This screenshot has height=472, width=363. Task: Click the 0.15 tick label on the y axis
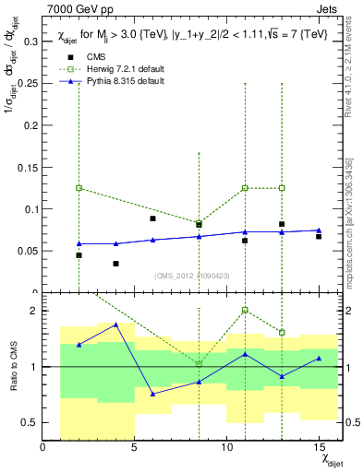[x=28, y=167]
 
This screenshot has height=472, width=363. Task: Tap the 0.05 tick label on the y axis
[x=28, y=251]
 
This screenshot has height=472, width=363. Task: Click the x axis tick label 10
[x=226, y=449]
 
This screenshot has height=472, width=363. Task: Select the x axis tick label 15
[x=319, y=449]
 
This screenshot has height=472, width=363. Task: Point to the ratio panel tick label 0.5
[x=29, y=422]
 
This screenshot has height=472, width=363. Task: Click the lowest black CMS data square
[x=115, y=264]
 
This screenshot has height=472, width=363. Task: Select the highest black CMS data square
[x=152, y=218]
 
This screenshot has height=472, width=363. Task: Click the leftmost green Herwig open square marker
[x=79, y=188]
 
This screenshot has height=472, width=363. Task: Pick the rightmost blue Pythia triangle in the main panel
[x=319, y=230]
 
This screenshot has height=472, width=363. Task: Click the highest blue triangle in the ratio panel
[x=115, y=324]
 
